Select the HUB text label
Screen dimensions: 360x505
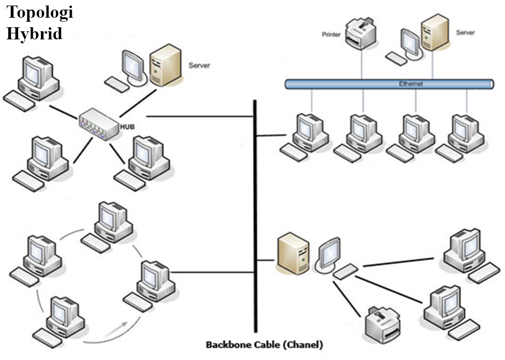coord(126,126)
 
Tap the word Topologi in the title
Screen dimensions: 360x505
coord(40,12)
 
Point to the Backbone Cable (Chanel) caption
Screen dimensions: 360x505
coord(264,345)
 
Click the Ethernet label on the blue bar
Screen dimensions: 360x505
coord(411,84)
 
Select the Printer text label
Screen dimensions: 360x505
coord(332,35)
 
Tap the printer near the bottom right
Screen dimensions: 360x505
coord(383,323)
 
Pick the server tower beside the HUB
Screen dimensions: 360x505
coord(166,66)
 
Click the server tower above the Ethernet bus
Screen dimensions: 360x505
coord(435,32)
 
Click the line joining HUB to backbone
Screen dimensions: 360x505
coord(199,116)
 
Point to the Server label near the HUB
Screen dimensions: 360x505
coord(199,65)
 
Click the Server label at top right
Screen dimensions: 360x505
coord(465,33)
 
